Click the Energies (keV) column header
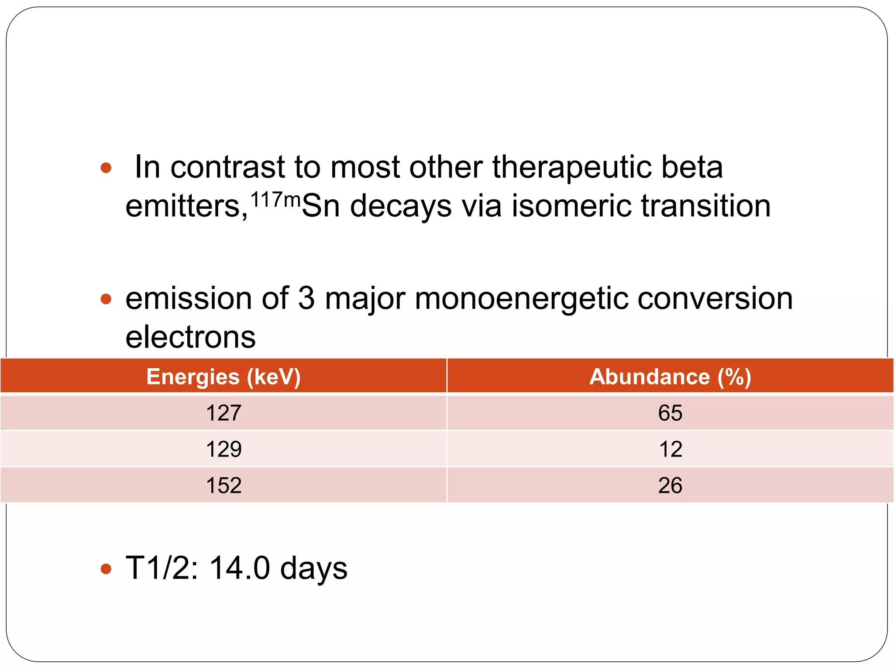(223, 377)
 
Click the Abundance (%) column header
(670, 377)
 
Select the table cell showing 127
(223, 413)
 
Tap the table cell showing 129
(223, 449)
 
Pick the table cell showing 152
(223, 485)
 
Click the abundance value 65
(670, 413)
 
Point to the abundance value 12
(670, 449)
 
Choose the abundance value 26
(670, 485)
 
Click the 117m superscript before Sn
(275, 200)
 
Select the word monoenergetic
(521, 299)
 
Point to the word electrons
(190, 337)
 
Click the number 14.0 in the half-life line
(240, 568)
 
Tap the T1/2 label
(162, 568)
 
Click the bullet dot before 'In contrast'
(106, 168)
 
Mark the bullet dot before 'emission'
(106, 299)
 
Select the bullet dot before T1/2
(106, 569)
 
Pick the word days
(313, 569)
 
